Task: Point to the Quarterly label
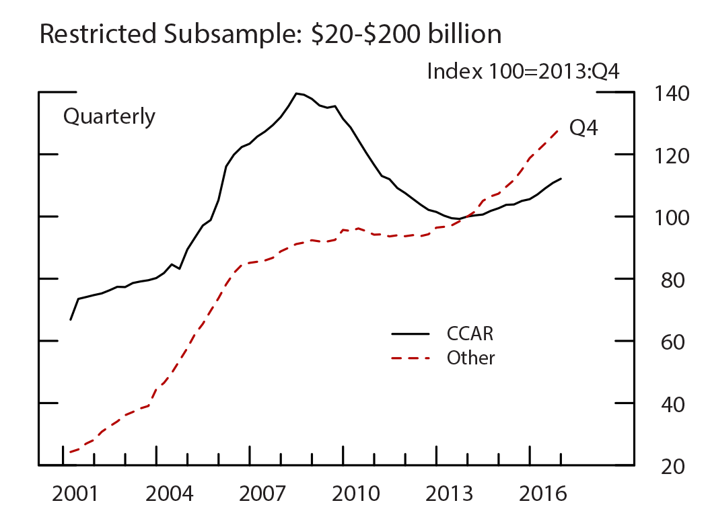(109, 116)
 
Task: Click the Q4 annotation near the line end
(583, 127)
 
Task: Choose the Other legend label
(470, 358)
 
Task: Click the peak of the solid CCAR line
(296, 93)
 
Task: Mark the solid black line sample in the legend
(410, 333)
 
